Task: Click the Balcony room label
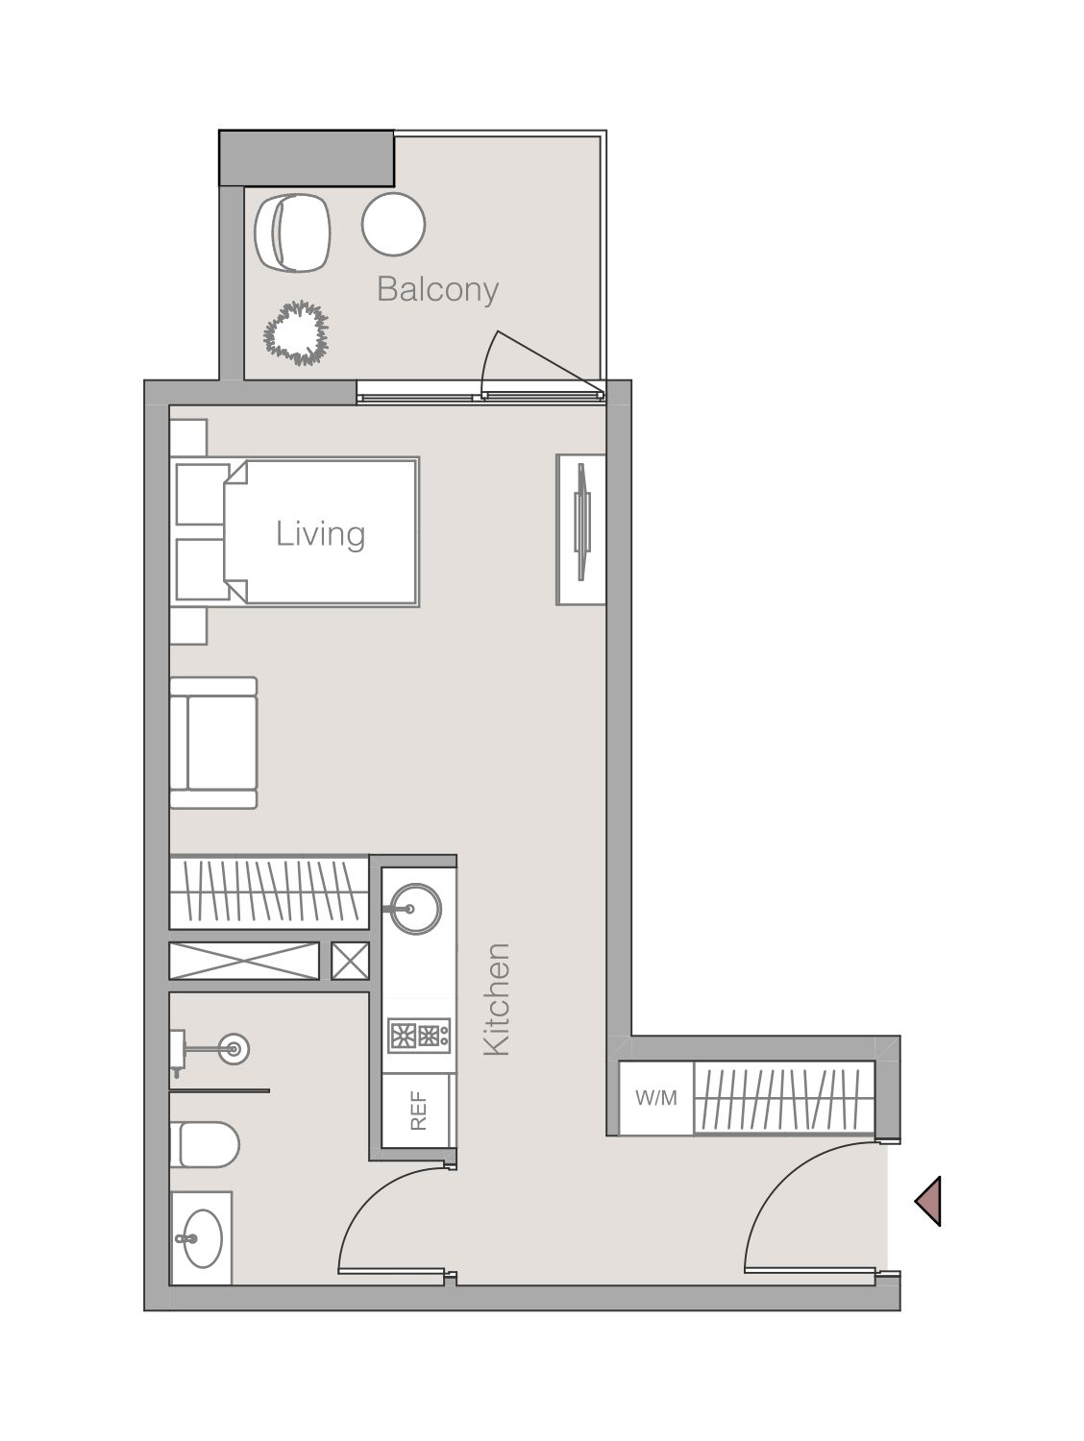click(x=437, y=289)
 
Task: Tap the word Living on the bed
click(x=320, y=533)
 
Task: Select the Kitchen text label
click(x=496, y=999)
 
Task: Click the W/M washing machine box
click(x=656, y=1098)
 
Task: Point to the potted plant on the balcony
click(x=296, y=332)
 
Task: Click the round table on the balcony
click(x=393, y=224)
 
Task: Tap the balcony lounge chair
click(x=292, y=233)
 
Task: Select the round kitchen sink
click(x=413, y=907)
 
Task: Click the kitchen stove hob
click(x=419, y=1036)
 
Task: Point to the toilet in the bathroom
click(x=206, y=1144)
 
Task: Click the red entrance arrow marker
click(x=928, y=1200)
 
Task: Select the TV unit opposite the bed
click(x=580, y=529)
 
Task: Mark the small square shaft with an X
click(x=350, y=961)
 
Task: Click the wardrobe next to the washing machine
click(x=783, y=1098)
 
